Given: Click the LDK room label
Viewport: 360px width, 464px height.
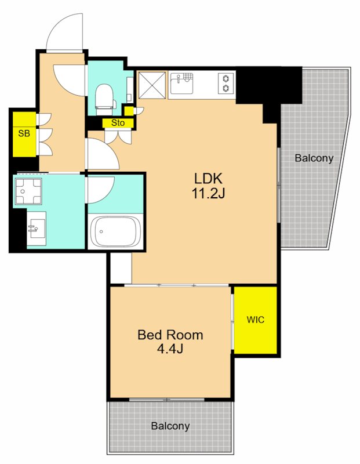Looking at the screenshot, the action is point(208,179).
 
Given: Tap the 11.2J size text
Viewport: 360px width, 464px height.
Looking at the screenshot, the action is point(208,194).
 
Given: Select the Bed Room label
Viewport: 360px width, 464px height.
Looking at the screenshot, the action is point(170,335).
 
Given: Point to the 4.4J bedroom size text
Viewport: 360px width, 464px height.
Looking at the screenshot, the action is point(170,349).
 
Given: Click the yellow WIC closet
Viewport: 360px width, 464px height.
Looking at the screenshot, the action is point(255,320).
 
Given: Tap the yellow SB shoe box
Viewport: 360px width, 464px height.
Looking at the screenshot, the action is point(24,135).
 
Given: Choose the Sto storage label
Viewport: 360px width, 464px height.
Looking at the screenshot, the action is point(118,123).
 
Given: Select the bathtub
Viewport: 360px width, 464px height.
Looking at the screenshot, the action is point(115,231).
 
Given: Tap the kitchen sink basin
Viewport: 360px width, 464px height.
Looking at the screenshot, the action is point(181,81).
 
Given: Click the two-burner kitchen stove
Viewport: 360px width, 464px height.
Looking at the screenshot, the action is point(226,83).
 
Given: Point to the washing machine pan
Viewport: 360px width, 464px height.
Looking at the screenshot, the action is point(28,191).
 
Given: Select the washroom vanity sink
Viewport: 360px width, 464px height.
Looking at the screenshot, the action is point(37,229).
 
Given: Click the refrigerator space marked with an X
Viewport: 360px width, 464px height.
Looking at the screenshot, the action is point(152,85).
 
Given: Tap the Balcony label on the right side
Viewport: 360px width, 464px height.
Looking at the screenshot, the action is point(314,158).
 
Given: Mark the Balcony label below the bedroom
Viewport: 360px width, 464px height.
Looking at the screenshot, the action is point(170,426).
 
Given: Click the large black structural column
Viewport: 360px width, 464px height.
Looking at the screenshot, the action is point(268,89).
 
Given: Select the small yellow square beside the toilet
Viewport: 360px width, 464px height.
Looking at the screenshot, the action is point(129,111).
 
